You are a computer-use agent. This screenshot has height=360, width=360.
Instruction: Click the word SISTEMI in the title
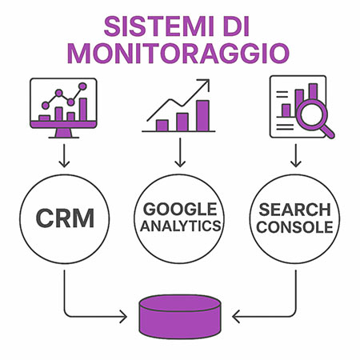tap(159, 26)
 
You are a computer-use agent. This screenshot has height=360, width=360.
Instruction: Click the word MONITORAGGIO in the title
tap(178, 54)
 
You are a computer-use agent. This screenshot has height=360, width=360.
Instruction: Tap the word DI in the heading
tap(236, 26)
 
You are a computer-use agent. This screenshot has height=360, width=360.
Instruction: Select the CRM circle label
tap(65, 218)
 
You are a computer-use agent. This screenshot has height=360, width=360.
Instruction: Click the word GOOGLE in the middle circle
tap(180, 209)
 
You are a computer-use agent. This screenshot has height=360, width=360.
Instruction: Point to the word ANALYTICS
tap(180, 226)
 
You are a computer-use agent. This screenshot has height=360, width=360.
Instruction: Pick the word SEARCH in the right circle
tap(294, 210)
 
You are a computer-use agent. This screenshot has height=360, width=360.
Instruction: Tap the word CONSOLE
tap(294, 227)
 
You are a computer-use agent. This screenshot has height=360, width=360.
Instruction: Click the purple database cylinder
tap(180, 317)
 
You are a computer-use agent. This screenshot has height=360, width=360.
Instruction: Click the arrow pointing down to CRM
tap(64, 156)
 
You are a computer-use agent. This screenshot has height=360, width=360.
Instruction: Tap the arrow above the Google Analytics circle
tap(180, 152)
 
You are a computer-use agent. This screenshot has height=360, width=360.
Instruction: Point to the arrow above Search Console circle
tap(296, 156)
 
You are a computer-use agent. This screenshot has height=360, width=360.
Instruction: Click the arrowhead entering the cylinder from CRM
tap(124, 317)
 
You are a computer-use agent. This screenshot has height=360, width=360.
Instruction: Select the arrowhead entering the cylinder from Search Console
tap(236, 317)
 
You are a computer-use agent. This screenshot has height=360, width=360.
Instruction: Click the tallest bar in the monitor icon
tap(83, 110)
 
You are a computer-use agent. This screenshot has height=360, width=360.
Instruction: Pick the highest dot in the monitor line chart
tap(82, 86)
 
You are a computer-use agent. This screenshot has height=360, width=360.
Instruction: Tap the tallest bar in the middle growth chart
tap(202, 116)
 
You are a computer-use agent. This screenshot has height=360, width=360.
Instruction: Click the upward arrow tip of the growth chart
tap(209, 80)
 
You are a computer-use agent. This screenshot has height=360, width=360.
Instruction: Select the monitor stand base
tap(64, 138)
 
